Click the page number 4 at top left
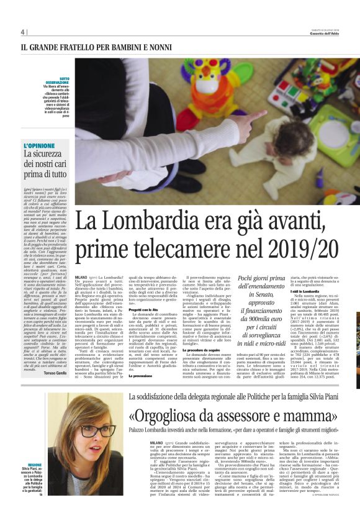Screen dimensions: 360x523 point(22,32)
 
